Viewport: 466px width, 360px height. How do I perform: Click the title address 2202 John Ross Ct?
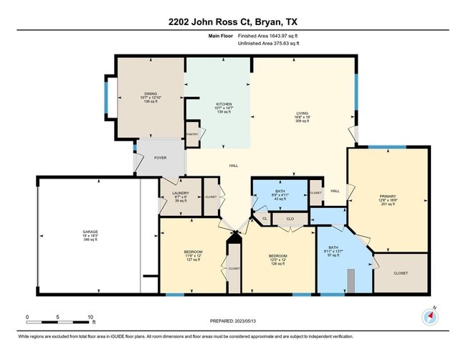click(232, 21)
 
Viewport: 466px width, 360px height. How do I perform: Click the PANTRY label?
click(191, 134)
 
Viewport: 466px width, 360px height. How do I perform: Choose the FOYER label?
click(160, 158)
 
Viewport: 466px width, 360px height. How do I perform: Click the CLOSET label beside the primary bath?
click(400, 273)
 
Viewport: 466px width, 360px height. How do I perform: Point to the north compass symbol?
click(430, 316)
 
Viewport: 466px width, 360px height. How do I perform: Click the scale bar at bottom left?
click(59, 316)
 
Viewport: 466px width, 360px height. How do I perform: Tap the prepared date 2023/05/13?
click(233, 321)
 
